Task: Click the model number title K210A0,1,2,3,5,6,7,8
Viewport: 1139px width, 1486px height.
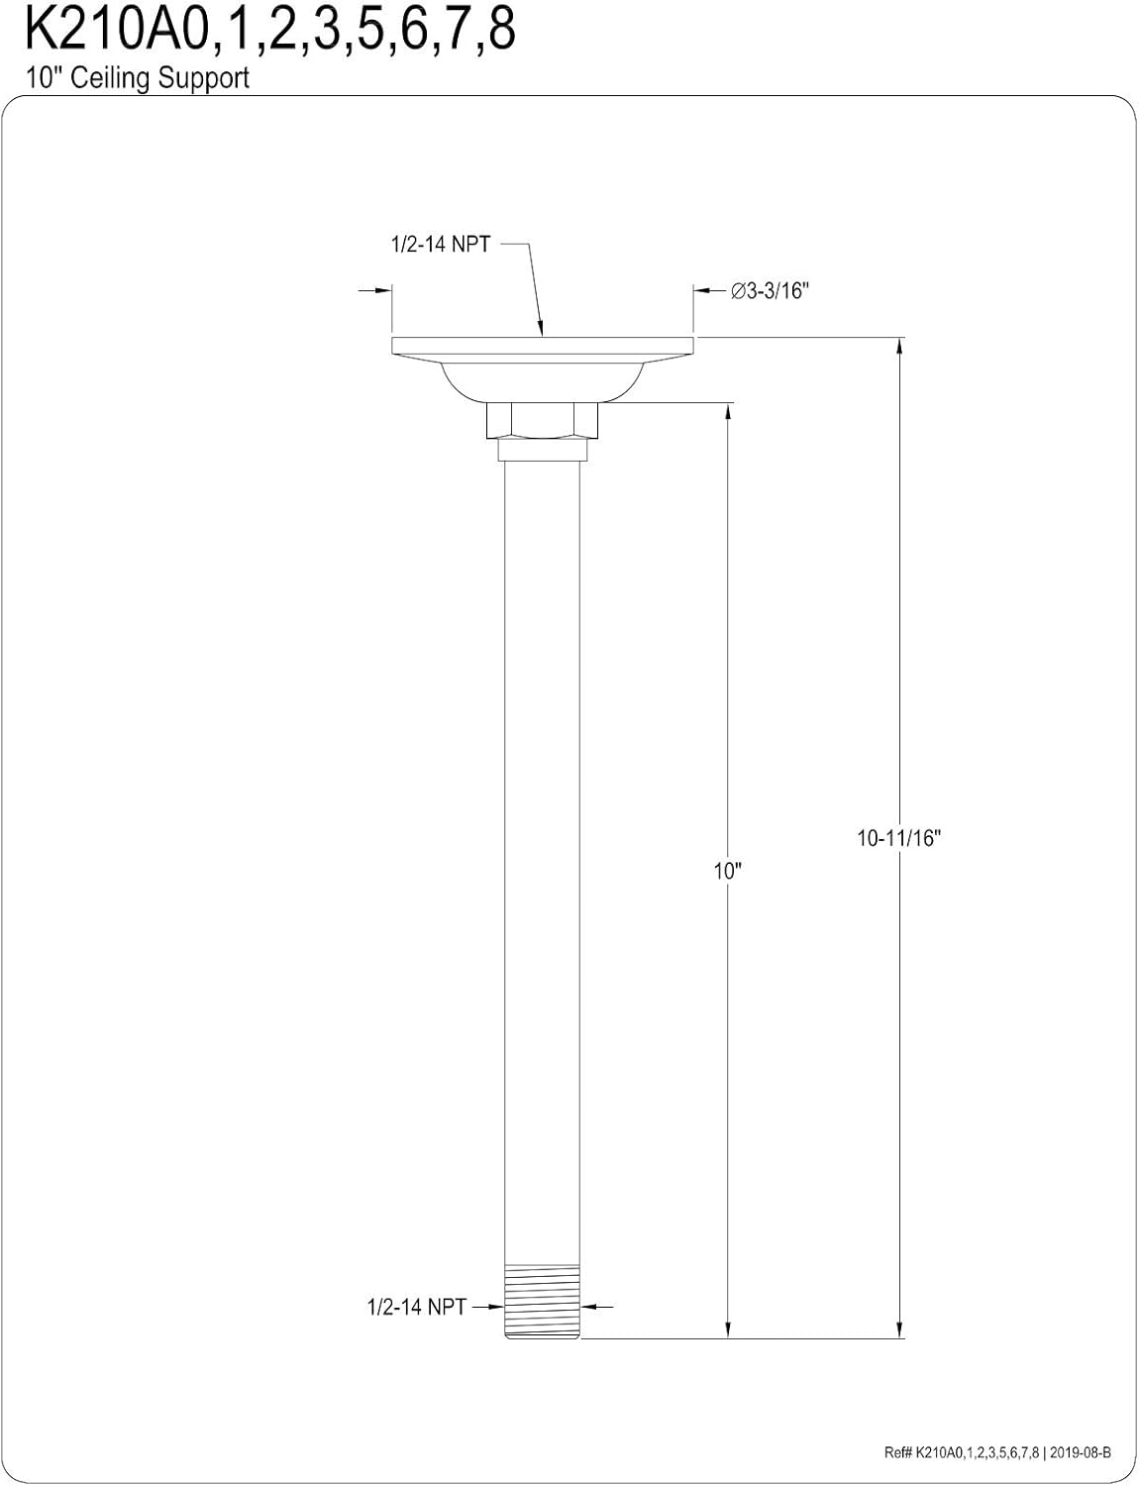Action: click(x=269, y=32)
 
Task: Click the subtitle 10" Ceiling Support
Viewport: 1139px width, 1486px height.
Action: click(x=138, y=78)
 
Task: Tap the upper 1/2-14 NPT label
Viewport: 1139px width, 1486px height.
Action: click(x=438, y=245)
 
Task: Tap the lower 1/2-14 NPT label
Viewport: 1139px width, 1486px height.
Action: click(x=416, y=1307)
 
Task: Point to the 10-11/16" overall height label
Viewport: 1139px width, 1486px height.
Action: click(x=897, y=838)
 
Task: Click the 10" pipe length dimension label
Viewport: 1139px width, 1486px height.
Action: click(x=728, y=871)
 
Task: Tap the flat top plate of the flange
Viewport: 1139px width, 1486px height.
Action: click(x=542, y=345)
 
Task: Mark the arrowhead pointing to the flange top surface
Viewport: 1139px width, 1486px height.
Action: click(x=540, y=329)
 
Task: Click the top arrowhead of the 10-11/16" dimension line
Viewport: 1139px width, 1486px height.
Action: click(x=899, y=347)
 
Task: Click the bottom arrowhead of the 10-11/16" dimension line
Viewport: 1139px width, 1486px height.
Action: click(x=899, y=1329)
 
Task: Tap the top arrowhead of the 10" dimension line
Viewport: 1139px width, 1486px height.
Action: click(x=728, y=411)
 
